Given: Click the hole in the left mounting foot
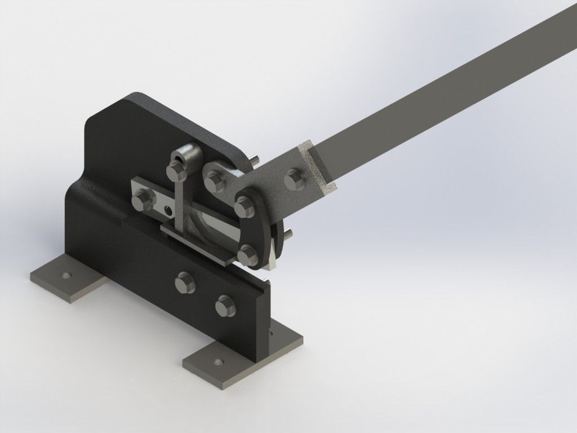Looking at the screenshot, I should click(x=67, y=276).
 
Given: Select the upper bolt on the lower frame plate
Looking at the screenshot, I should click(x=184, y=281).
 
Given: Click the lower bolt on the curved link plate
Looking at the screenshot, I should click(x=247, y=255).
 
